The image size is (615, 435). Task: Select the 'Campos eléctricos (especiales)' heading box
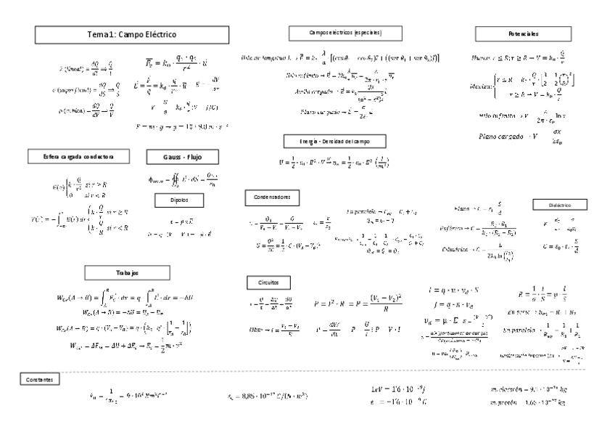pos(346,33)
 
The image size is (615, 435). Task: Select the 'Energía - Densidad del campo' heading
pos(334,141)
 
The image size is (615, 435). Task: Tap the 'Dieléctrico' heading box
pos(553,205)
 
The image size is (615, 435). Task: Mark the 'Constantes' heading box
pos(40,379)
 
